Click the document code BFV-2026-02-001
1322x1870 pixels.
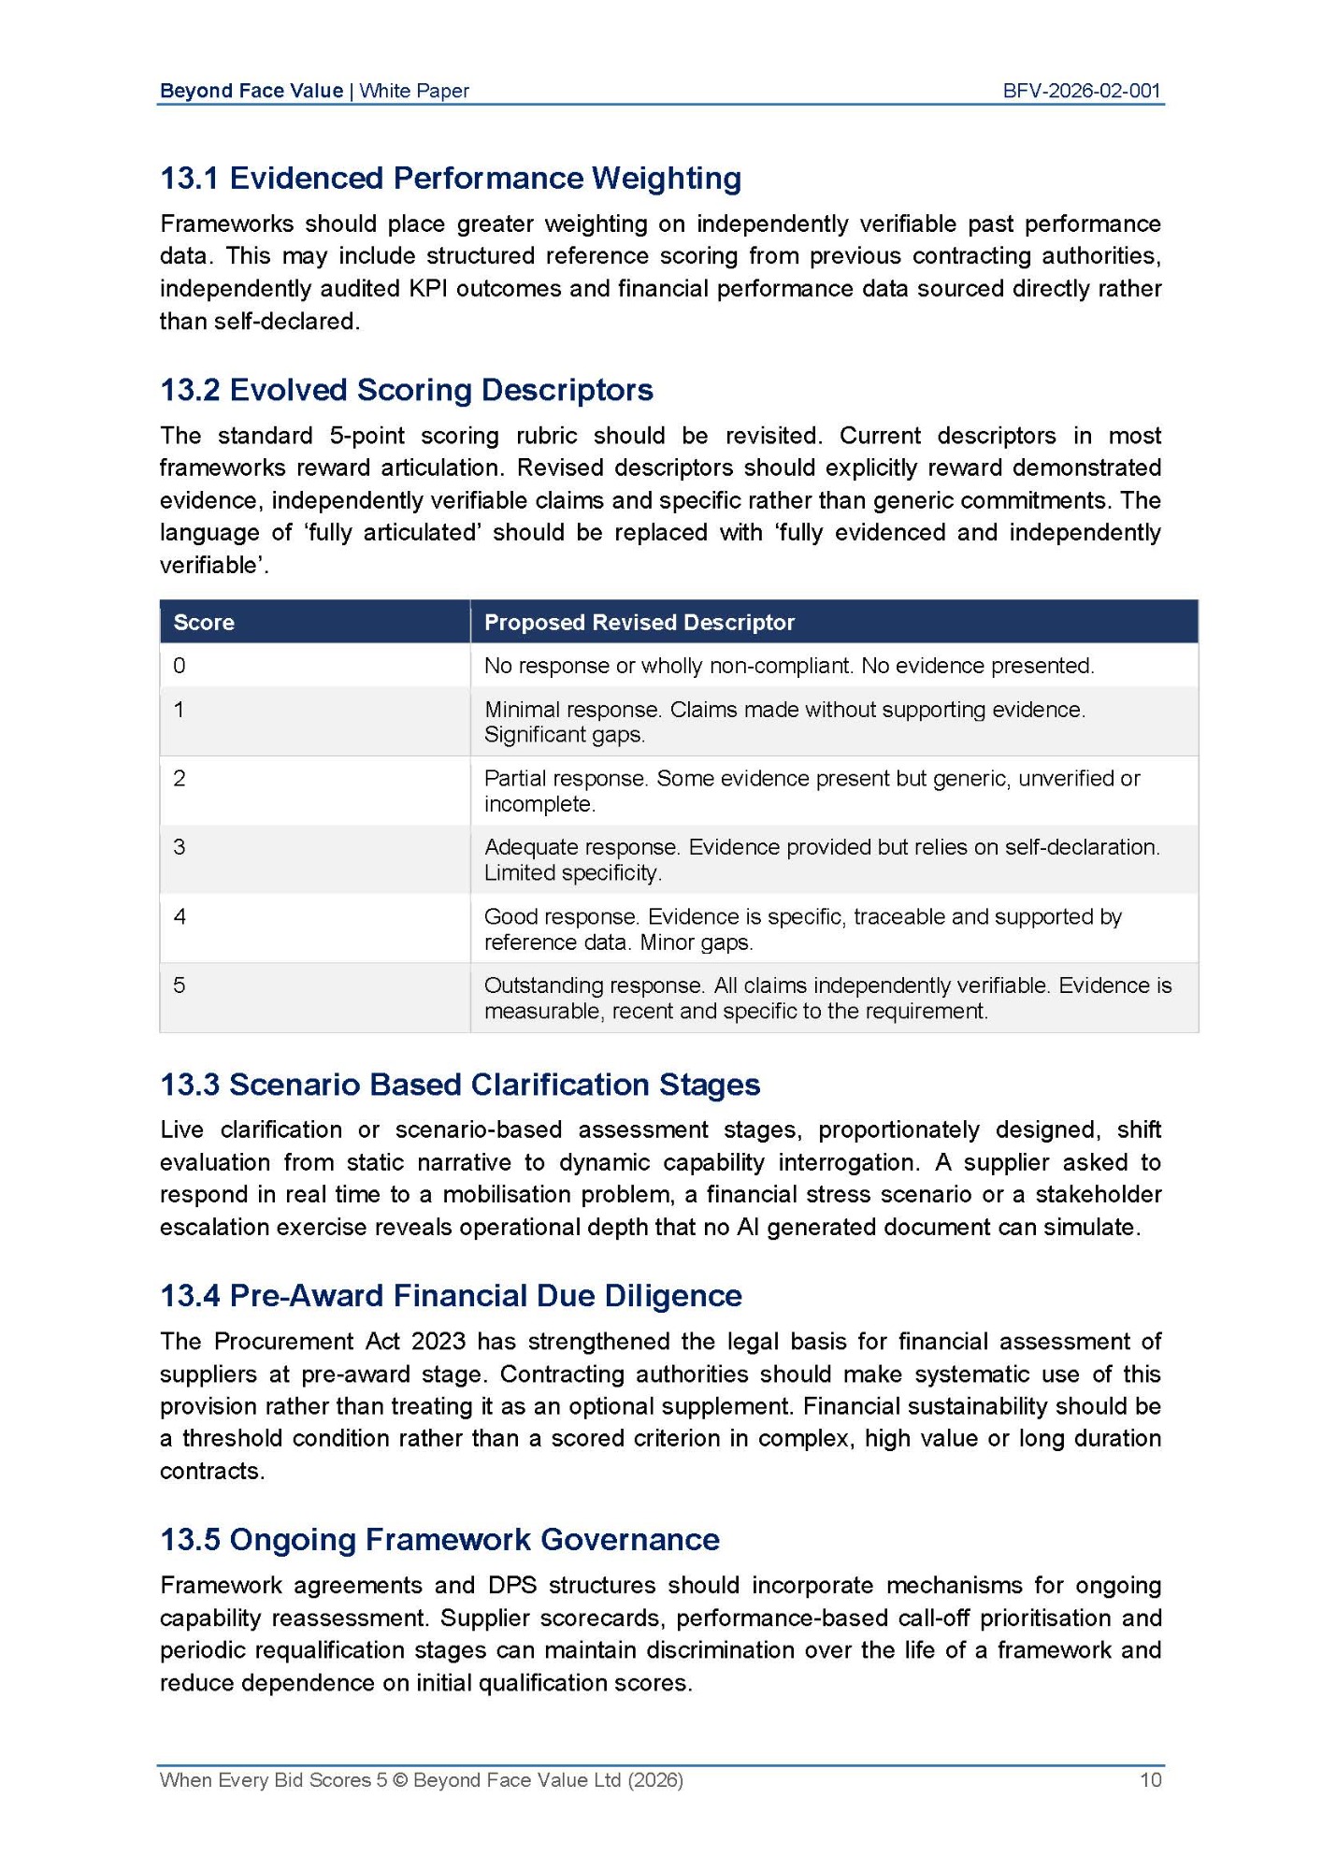coord(1081,91)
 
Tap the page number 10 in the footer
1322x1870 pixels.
coord(1150,1779)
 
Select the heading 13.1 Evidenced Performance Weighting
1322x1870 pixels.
coord(451,178)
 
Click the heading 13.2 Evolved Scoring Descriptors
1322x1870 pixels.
coord(407,389)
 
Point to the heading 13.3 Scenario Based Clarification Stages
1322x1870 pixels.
coord(460,1084)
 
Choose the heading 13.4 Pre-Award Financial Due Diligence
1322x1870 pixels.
coord(451,1295)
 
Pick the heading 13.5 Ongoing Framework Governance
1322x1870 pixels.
coord(439,1539)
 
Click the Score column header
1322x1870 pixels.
coord(204,623)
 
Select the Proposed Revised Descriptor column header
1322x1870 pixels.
coord(639,623)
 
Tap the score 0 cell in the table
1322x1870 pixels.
coord(180,666)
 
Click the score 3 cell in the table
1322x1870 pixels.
coord(180,847)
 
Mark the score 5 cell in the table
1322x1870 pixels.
coord(180,985)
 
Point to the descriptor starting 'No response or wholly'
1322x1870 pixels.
coord(788,666)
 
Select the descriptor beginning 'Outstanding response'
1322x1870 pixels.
coord(827,998)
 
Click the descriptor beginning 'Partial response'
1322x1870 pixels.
coord(812,791)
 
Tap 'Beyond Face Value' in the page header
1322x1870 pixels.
coord(251,91)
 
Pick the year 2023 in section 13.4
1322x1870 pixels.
coord(438,1341)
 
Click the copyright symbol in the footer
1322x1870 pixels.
coord(400,1779)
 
